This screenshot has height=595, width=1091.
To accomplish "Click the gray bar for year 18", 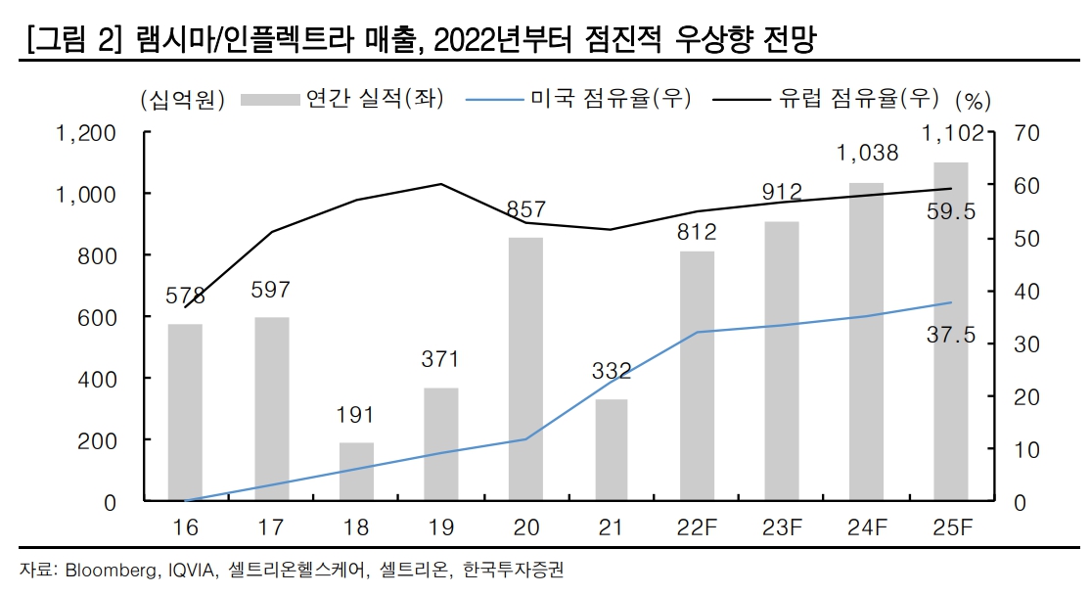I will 356,472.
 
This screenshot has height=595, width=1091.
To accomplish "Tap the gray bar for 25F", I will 951,332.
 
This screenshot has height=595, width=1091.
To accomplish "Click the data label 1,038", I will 867,153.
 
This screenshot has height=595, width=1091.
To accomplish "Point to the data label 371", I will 440,359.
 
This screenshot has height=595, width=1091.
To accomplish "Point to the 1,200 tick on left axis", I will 87,133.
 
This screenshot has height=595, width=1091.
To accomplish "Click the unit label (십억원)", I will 183,99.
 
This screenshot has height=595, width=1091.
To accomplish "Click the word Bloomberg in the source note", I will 110,571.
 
